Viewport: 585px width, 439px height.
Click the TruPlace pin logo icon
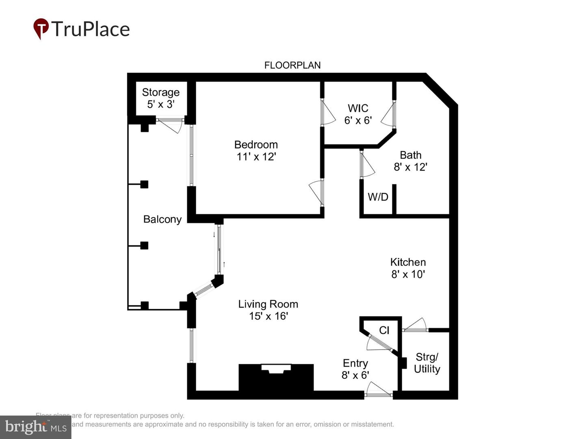point(41,28)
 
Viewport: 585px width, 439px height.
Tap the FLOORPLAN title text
point(292,65)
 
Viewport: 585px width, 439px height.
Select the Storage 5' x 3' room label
point(160,98)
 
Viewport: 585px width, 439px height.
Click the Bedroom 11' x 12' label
point(256,150)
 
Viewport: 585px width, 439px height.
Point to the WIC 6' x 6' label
point(358,114)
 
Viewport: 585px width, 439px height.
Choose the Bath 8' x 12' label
point(410,161)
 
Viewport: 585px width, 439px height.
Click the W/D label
point(378,197)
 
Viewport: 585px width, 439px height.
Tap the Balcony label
point(162,219)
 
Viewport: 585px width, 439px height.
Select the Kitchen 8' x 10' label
point(408,268)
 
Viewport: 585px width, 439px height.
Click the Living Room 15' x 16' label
point(268,310)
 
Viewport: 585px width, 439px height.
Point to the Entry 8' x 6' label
point(355,369)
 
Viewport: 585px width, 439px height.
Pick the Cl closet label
point(384,330)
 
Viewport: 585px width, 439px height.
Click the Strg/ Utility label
point(427,363)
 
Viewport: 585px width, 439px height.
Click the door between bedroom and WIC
point(327,113)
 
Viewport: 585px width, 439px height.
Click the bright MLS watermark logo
point(36,427)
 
